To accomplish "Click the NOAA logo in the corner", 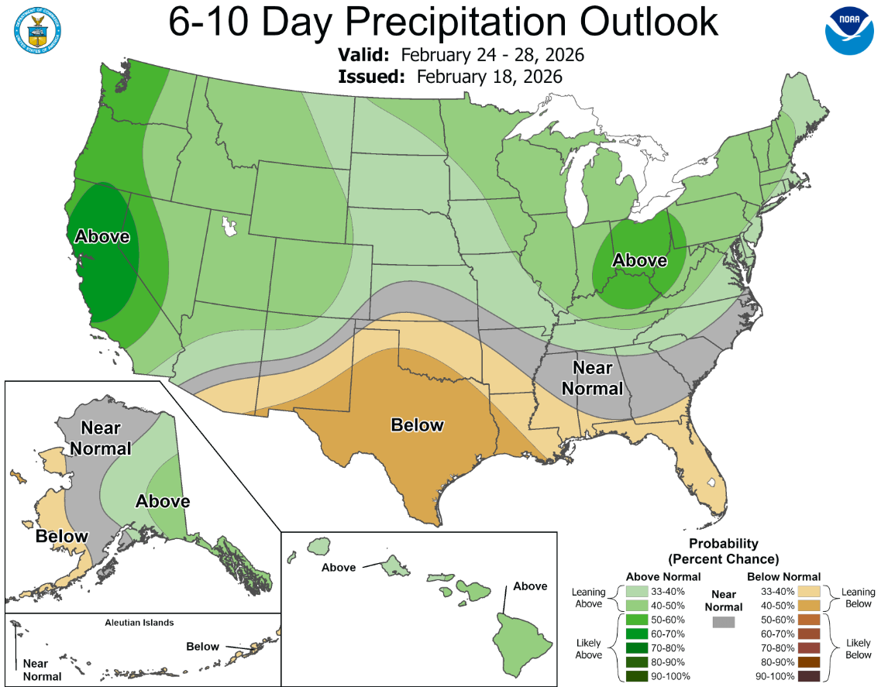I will coord(849,30).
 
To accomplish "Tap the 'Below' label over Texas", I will coord(417,425).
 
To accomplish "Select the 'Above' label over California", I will coord(102,237).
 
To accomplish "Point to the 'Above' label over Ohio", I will coord(639,261).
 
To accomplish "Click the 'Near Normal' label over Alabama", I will coord(592,377).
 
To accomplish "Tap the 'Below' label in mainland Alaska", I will coord(62,536).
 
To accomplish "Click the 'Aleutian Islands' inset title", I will coord(139,622).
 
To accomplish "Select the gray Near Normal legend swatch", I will coord(722,621).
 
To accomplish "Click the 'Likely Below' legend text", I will coord(859,648).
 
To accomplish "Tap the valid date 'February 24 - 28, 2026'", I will coord(492,57).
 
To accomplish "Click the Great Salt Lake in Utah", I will coord(229,226).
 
